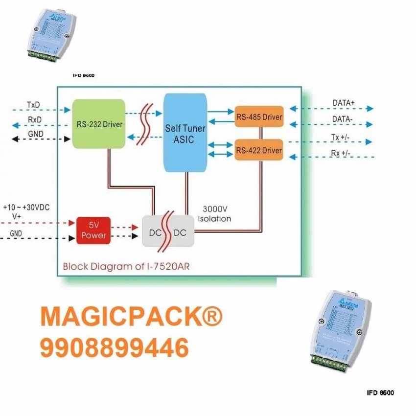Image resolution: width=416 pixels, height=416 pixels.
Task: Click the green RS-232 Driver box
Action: (98, 124)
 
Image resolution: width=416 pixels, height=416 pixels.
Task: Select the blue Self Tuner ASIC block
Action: (185, 134)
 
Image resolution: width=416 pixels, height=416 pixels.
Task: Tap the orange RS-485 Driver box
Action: (259, 117)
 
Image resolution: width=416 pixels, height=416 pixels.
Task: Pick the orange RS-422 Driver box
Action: (259, 150)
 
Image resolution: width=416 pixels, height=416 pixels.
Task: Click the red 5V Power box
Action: (93, 230)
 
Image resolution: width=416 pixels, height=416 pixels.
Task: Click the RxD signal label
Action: (34, 119)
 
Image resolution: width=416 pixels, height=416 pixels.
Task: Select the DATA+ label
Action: (344, 103)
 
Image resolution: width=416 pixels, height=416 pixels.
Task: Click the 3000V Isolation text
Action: (214, 214)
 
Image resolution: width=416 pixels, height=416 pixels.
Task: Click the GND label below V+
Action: (16, 234)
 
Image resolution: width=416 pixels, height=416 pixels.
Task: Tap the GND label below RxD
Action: (35, 134)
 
